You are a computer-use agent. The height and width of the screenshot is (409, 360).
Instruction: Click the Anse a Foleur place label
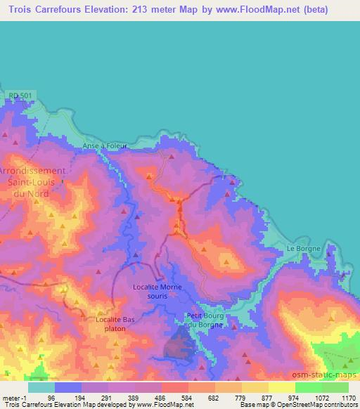point(105,145)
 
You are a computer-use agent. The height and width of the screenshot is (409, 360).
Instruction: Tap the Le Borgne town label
point(303,249)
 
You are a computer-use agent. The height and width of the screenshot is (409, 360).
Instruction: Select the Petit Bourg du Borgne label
point(205,320)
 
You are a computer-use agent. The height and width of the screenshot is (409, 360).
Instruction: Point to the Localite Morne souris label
point(157,292)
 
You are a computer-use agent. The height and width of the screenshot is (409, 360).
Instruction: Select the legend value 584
point(175,398)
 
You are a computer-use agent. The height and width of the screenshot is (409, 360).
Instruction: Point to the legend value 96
point(50,398)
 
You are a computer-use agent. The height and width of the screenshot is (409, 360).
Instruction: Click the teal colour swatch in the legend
point(41,387)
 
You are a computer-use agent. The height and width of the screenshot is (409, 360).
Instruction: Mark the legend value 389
point(120,398)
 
